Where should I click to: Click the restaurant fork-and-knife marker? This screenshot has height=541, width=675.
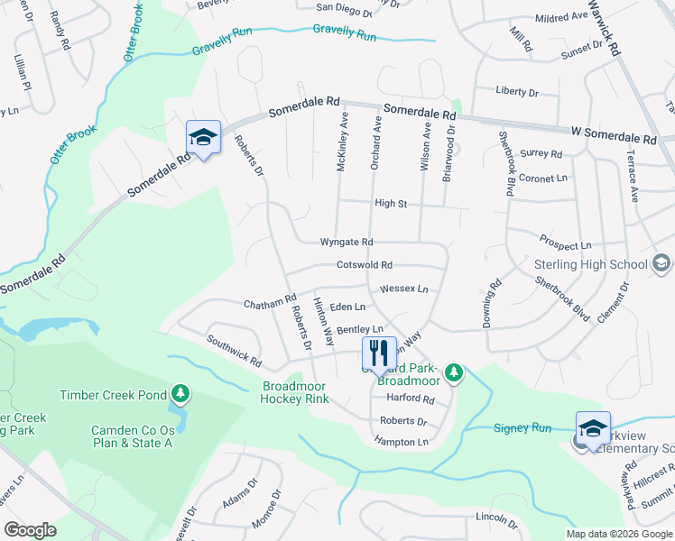coord(378,353)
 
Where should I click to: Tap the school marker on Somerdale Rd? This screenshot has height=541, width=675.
coord(203,138)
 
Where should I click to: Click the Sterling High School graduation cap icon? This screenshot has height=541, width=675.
coord(661,263)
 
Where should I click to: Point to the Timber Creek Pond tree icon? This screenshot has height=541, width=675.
coord(181,394)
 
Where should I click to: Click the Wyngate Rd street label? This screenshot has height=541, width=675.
coord(347,243)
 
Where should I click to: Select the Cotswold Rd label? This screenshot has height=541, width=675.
coord(364,265)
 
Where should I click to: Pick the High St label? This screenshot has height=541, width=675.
coord(391,204)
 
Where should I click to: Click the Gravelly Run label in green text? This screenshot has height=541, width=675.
coord(344,34)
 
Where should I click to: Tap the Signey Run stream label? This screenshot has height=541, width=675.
coord(522,427)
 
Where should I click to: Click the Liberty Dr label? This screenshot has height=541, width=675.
coord(517,92)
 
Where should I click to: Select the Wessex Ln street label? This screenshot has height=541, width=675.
coord(403,289)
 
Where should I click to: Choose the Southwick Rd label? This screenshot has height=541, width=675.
coord(234,352)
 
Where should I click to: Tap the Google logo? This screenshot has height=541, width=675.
coord(31,530)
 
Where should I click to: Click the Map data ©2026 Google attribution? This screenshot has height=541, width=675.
coord(618,534)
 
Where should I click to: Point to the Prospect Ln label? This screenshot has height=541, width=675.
coord(565,245)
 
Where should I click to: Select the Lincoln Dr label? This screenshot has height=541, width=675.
coord(496,521)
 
